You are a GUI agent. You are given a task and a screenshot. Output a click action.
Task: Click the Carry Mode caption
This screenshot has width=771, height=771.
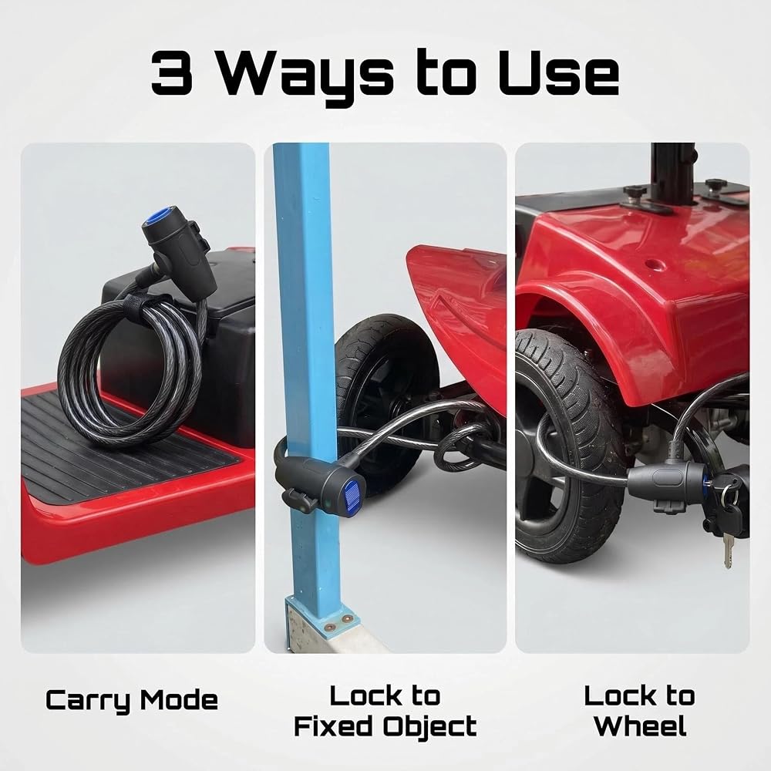[132, 701]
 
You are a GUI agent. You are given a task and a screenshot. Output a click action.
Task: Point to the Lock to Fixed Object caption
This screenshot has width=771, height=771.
[385, 711]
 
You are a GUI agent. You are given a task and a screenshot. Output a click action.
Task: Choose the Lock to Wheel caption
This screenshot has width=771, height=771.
[639, 711]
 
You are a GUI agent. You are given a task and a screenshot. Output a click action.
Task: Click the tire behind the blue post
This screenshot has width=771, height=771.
[389, 393]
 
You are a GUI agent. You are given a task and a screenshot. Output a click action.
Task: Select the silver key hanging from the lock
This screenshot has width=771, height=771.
[727, 552]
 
